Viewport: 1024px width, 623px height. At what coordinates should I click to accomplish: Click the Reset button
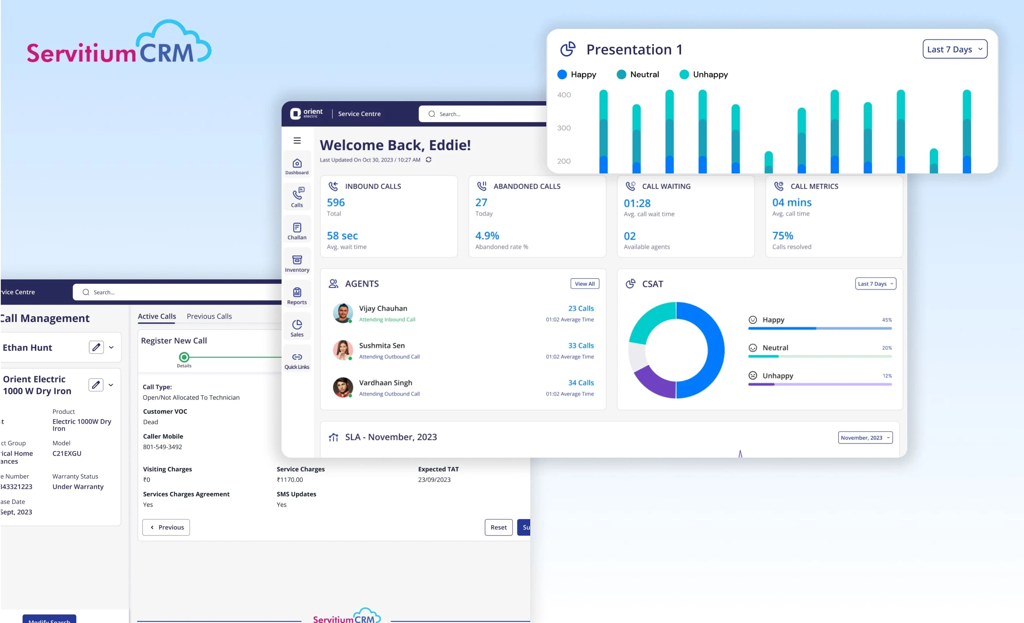498,527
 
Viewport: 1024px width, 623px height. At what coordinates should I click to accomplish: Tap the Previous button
166,527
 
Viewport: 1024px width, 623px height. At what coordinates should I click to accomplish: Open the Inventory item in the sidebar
297,264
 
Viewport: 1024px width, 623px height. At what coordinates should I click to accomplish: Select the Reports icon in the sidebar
297,296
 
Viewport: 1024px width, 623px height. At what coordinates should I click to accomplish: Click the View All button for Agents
584,284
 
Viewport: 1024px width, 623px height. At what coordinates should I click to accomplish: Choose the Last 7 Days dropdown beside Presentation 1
955,49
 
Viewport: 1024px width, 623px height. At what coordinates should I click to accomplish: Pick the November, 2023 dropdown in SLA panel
865,438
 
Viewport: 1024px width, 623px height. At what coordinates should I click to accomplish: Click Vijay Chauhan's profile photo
343,313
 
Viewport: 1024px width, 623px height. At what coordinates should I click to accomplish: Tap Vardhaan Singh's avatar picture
343,387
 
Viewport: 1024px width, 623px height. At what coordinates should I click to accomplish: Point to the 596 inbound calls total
336,203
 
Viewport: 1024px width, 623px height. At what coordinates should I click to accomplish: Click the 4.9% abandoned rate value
487,236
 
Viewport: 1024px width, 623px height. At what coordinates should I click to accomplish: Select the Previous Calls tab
209,316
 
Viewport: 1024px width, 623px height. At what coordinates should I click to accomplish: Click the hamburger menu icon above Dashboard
297,140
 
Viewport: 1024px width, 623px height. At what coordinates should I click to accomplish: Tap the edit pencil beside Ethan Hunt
96,347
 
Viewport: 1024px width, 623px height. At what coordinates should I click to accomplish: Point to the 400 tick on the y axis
564,95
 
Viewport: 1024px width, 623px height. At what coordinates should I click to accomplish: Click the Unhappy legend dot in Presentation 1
683,74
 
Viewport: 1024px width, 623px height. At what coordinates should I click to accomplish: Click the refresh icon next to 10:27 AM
428,160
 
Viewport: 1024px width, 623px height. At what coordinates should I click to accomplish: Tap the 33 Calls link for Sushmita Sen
580,346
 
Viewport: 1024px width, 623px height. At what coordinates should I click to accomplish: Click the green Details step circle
184,357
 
